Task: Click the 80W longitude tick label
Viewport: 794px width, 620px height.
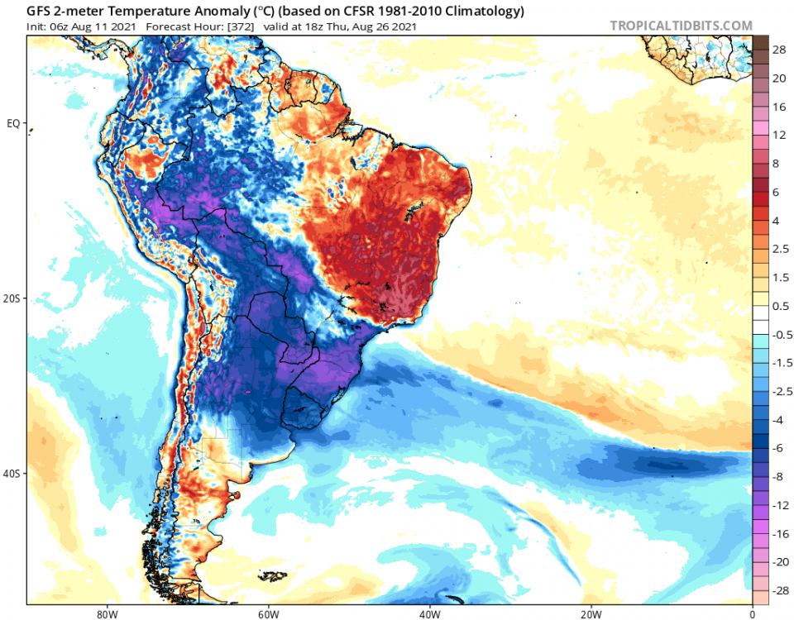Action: [104, 613]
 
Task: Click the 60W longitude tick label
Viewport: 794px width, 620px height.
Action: [266, 613]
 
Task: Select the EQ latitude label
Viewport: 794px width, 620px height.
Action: [12, 123]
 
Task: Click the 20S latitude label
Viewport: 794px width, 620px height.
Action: [12, 298]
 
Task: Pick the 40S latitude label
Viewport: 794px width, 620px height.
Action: [12, 474]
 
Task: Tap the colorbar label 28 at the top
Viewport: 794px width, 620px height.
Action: [779, 50]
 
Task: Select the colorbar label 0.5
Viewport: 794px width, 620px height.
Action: [780, 306]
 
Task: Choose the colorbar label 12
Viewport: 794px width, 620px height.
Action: [779, 135]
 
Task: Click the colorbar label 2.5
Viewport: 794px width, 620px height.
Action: [780, 249]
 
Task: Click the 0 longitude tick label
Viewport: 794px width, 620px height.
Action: [752, 613]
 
